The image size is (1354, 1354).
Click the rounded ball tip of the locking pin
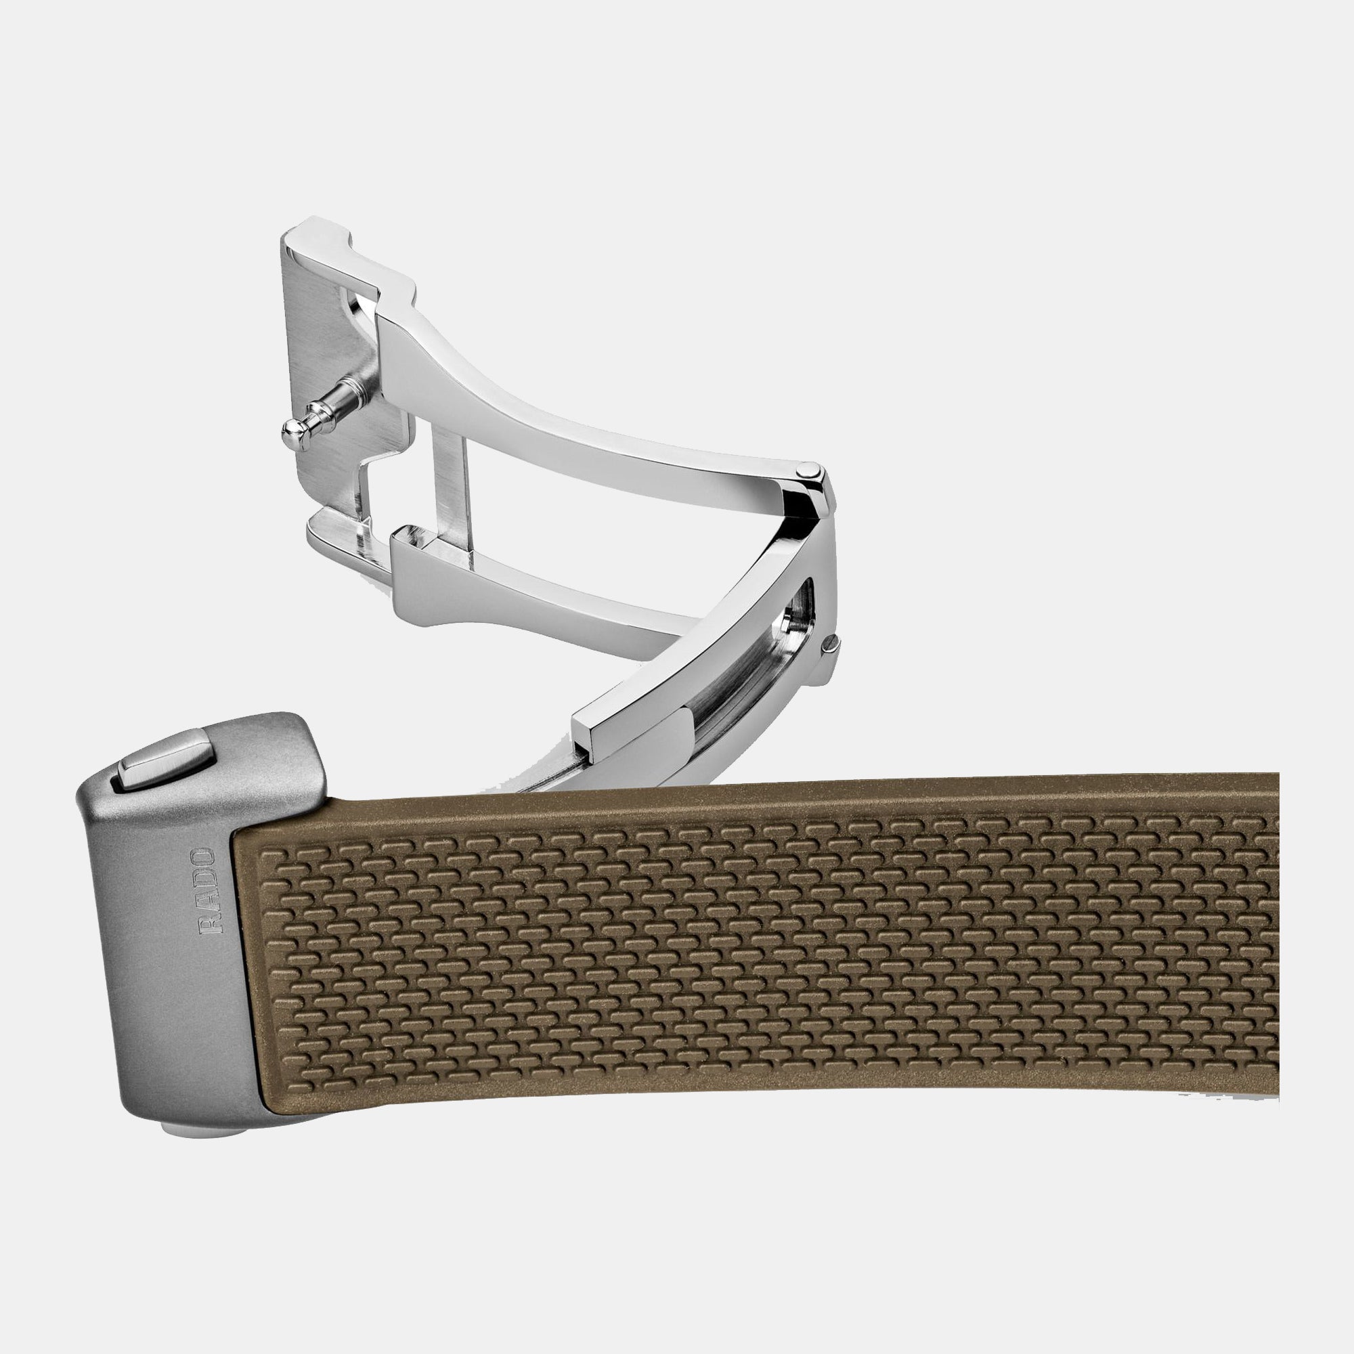click(293, 435)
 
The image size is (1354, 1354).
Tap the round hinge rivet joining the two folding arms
click(810, 471)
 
